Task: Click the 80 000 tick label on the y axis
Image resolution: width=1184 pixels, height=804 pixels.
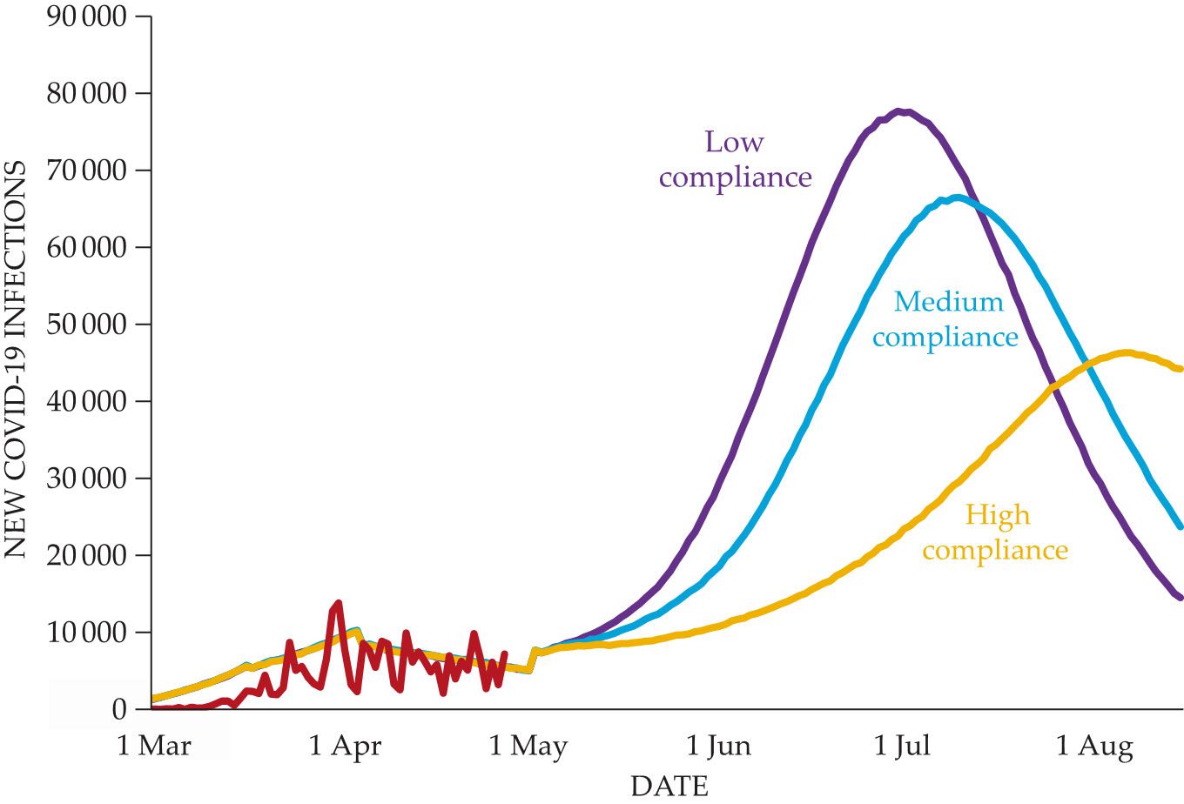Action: click(86, 93)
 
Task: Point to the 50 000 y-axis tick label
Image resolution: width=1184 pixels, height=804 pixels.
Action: click(86, 325)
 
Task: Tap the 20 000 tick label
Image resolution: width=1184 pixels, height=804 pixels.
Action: click(86, 555)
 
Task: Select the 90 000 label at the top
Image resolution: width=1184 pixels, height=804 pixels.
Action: click(86, 17)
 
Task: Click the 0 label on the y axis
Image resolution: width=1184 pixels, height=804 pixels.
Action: click(118, 710)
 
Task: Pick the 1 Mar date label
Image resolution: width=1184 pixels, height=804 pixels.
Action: click(154, 747)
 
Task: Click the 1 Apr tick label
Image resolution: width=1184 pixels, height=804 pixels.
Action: click(345, 747)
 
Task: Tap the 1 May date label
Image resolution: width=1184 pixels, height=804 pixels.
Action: click(528, 747)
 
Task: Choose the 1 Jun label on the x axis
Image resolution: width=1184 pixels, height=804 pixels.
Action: click(718, 747)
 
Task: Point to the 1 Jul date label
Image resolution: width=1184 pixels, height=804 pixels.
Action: click(901, 747)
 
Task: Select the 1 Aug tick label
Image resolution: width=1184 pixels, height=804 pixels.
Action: click(1094, 747)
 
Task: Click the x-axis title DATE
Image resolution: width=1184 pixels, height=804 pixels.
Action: click(669, 786)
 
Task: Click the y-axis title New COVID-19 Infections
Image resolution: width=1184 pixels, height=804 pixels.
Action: click(17, 358)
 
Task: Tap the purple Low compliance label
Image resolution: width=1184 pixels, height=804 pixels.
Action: click(735, 159)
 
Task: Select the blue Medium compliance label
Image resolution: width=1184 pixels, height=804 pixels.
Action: click(946, 319)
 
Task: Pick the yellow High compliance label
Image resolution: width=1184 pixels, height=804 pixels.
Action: click(996, 533)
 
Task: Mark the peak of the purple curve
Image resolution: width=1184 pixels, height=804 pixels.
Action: click(903, 111)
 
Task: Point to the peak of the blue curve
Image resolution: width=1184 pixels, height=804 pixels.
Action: click(957, 198)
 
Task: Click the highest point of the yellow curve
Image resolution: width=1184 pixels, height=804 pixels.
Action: click(1126, 352)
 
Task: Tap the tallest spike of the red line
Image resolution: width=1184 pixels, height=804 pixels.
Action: click(338, 602)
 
